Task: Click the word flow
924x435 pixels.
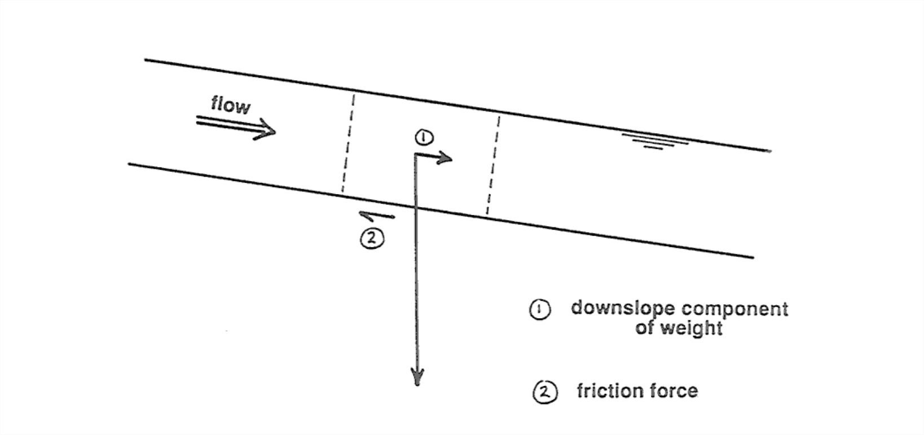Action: (230, 104)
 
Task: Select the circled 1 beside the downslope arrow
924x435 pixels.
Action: (423, 137)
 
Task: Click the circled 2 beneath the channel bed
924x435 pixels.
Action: (372, 238)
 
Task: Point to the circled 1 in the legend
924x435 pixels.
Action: (539, 310)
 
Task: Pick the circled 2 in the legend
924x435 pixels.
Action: (545, 392)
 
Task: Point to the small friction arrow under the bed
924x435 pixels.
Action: (377, 215)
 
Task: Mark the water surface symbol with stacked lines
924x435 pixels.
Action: (654, 141)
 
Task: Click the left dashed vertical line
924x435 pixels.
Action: (347, 144)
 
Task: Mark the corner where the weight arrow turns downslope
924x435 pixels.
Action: (416, 155)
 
